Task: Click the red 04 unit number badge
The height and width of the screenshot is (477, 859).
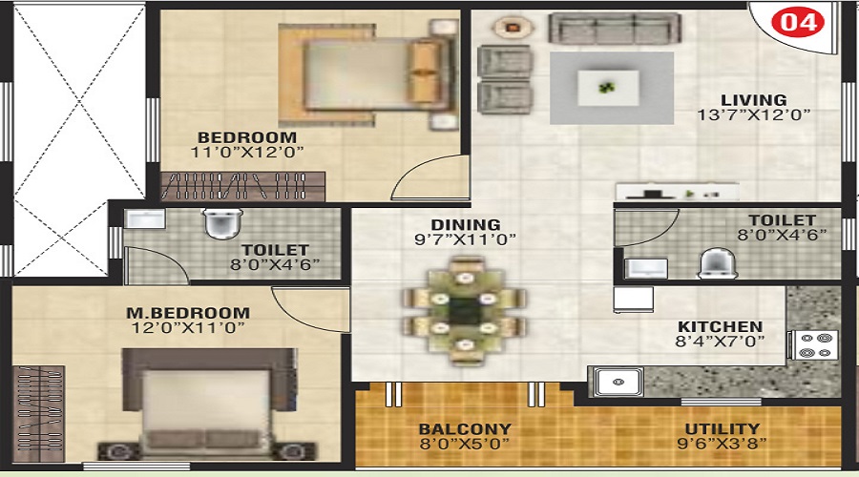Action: tap(798, 23)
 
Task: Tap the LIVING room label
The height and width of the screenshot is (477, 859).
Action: tap(754, 100)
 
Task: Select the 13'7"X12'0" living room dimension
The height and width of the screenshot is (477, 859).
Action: tap(753, 115)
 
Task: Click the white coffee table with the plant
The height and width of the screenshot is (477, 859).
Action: tap(608, 88)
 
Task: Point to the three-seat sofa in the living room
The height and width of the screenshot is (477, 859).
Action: tap(615, 29)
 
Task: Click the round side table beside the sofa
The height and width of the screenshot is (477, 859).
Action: tap(513, 26)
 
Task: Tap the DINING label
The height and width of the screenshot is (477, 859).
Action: tap(466, 224)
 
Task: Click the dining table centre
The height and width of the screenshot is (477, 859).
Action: tap(465, 310)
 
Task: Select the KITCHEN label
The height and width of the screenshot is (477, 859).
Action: tap(720, 326)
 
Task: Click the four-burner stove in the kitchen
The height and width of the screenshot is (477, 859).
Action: tap(814, 345)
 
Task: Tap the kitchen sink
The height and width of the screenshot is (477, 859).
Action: tap(618, 382)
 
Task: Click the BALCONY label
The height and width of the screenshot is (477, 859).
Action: tap(465, 428)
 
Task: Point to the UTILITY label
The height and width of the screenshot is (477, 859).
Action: tap(723, 428)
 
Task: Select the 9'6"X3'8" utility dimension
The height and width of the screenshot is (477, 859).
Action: tap(722, 443)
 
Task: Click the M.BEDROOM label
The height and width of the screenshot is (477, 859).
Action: tap(188, 313)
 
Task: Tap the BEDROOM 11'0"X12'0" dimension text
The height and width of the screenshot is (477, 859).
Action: tap(247, 153)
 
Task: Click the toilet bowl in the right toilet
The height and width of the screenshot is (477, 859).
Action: tap(717, 263)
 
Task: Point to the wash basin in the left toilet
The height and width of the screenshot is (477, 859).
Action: tap(145, 218)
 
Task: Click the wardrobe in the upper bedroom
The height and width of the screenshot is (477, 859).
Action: tap(242, 186)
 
